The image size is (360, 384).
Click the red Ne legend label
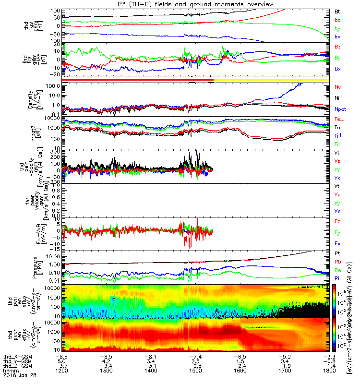tap(337, 87)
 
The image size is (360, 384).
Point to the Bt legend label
tap(337, 11)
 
